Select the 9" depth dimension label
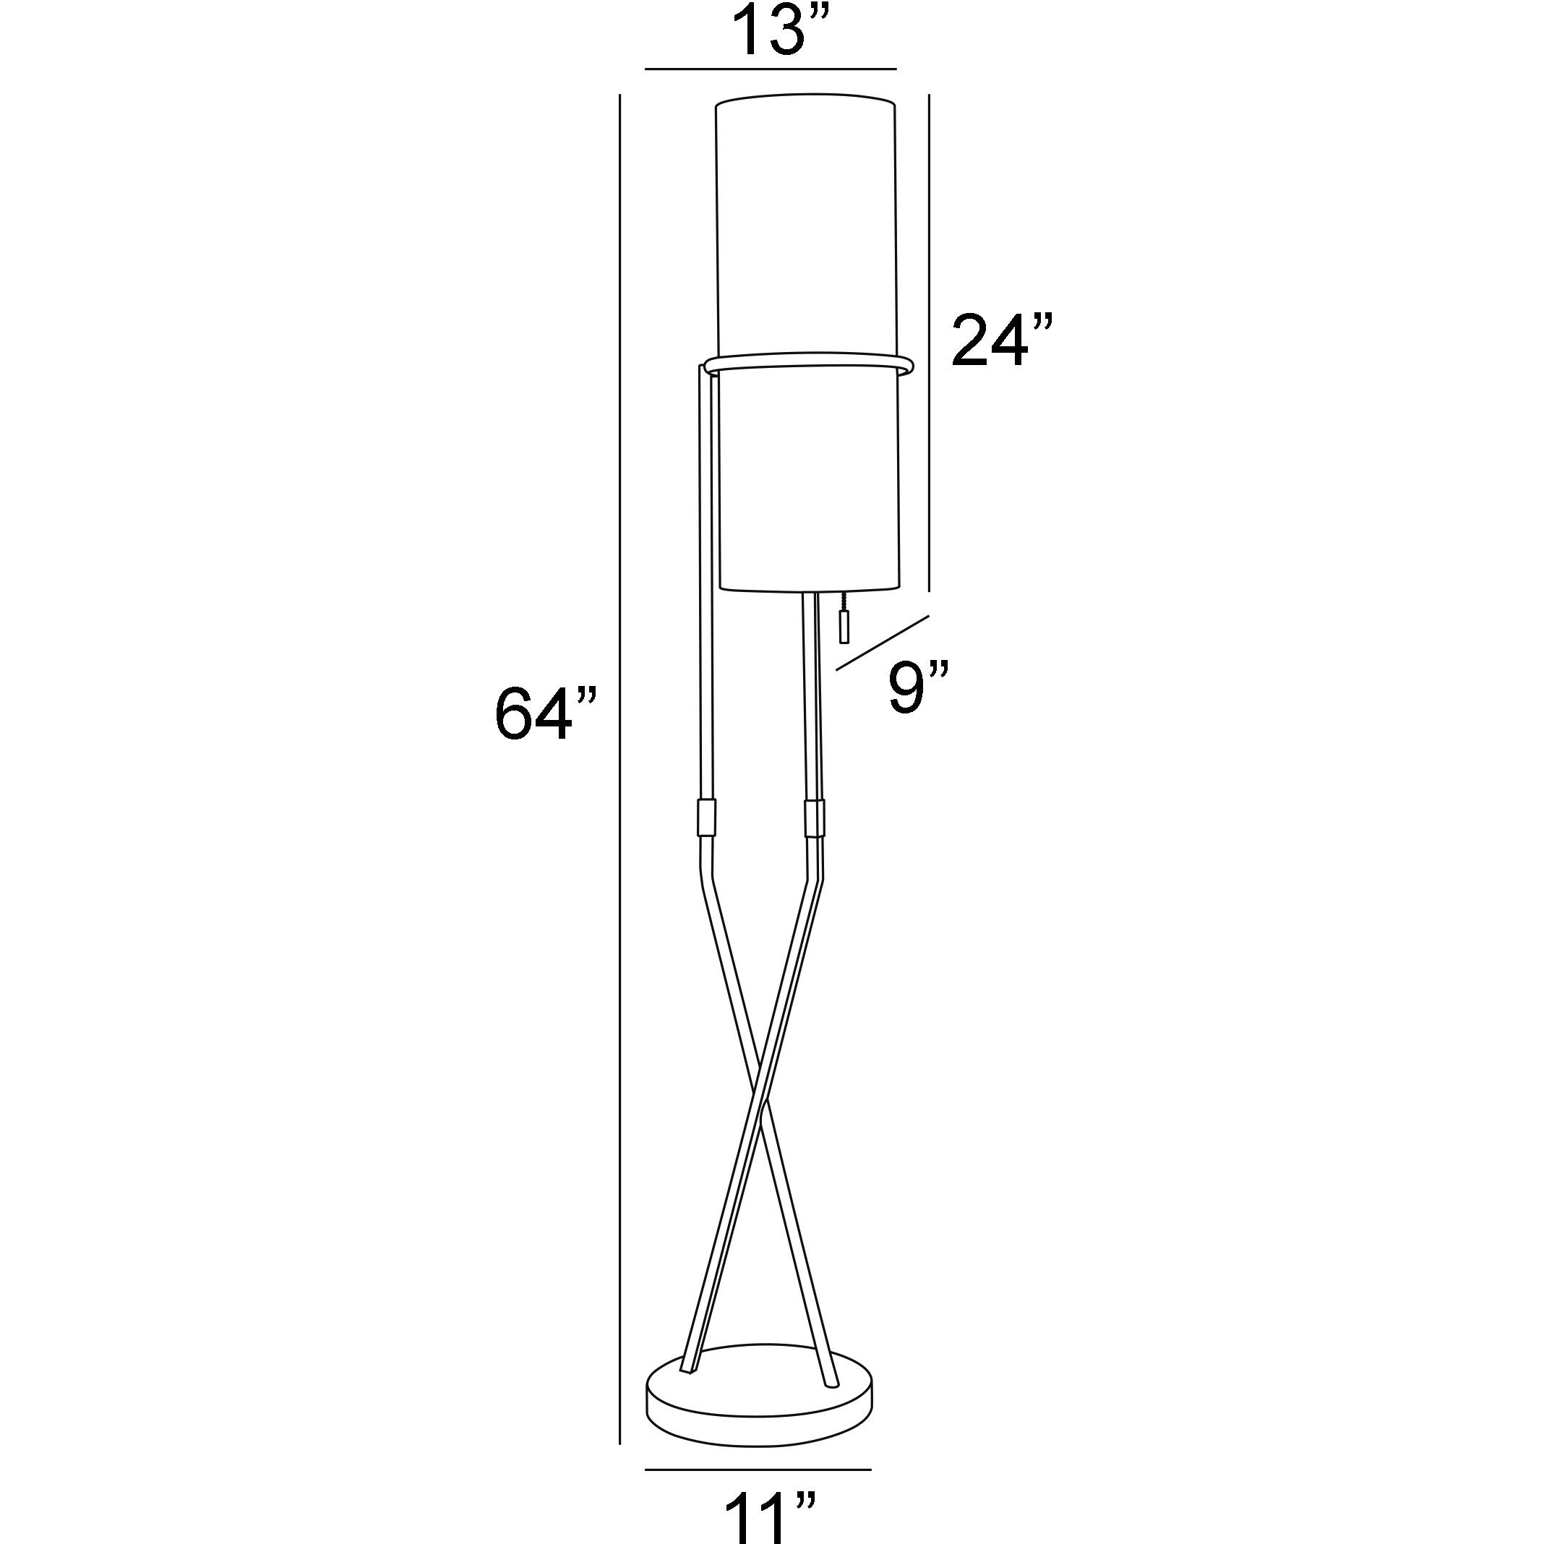coord(918,689)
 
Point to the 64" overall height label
coord(545,713)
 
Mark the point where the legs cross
coord(761,1107)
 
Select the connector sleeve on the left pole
coord(707,816)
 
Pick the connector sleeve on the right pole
coord(813,816)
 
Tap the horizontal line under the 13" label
coord(771,69)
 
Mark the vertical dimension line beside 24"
coord(928,343)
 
